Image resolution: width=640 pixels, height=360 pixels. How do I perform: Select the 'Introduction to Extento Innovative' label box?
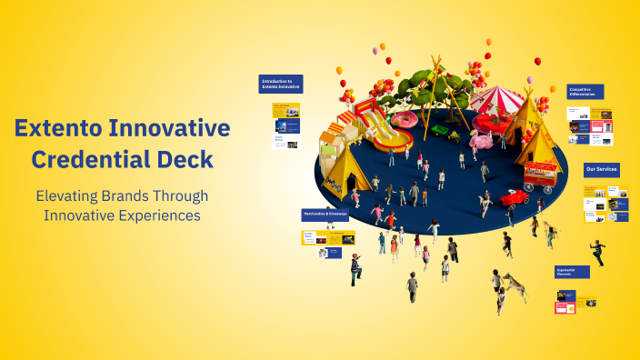tap(280, 84)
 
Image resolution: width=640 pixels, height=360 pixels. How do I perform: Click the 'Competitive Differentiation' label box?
tap(585, 92)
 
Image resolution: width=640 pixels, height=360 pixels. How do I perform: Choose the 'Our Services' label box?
tap(602, 170)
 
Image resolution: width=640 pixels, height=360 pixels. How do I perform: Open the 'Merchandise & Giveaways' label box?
tap(325, 215)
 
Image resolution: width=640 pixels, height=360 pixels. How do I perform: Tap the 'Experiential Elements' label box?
tap(572, 272)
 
